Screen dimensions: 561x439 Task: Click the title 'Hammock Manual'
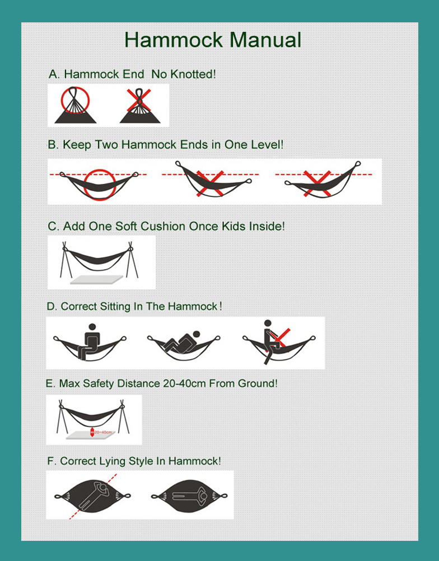pyautogui.click(x=213, y=40)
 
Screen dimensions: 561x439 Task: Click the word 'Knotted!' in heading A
pyautogui.click(x=192, y=74)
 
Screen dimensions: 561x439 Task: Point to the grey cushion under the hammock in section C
pyautogui.click(x=96, y=279)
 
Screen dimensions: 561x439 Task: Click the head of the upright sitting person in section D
pyautogui.click(x=91, y=327)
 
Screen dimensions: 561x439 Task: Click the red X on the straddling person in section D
pyautogui.click(x=281, y=337)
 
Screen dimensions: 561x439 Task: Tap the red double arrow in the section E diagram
pyautogui.click(x=92, y=432)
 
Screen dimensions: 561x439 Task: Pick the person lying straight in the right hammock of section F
pyautogui.click(x=188, y=496)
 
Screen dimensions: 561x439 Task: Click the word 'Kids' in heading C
pyautogui.click(x=237, y=227)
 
